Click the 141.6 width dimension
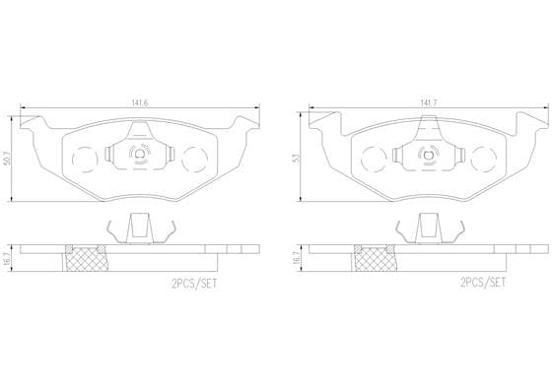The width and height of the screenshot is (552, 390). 139,103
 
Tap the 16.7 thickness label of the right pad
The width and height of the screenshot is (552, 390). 297,258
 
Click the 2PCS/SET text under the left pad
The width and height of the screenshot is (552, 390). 194,284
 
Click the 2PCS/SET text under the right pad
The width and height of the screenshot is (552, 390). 483,283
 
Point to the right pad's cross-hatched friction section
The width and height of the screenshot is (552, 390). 376,260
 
